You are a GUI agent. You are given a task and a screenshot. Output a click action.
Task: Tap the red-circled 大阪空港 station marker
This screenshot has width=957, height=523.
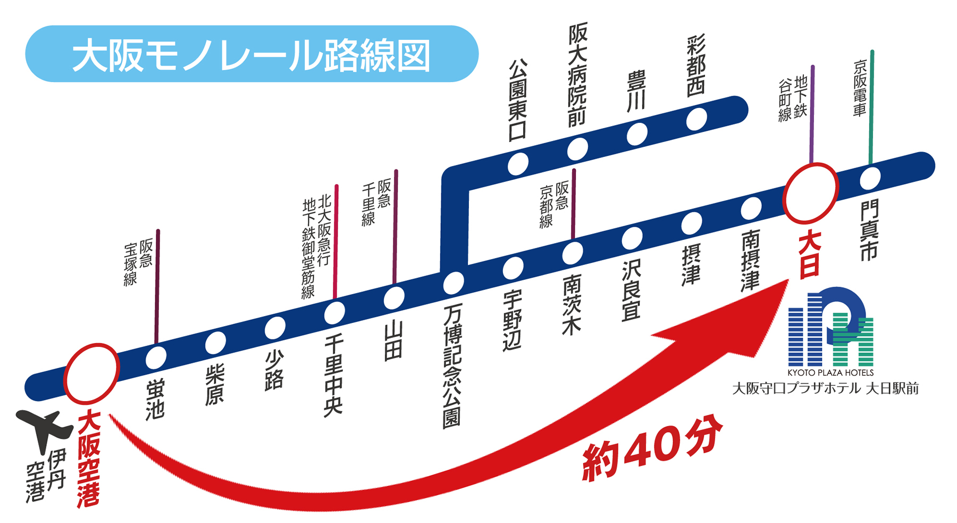coord(91,373)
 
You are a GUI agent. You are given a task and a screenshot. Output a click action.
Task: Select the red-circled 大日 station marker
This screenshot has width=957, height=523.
coord(810,193)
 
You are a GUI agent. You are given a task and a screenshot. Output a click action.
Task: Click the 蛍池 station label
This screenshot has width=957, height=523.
coord(155,399)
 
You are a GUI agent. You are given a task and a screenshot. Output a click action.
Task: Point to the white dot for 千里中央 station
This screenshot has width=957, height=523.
coord(334,312)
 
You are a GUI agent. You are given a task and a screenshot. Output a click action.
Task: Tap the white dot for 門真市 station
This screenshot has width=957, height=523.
coord(870,178)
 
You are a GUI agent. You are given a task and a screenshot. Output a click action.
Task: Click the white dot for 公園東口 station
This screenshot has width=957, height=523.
coord(518,164)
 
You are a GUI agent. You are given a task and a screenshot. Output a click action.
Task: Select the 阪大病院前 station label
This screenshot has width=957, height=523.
coord(577,74)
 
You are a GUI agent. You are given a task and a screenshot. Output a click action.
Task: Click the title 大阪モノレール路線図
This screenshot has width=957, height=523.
coord(251,54)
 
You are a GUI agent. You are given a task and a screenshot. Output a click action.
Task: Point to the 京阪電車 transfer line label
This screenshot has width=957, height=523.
coord(860,88)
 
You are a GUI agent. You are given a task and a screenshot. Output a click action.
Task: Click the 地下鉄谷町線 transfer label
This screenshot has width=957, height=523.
coord(792,98)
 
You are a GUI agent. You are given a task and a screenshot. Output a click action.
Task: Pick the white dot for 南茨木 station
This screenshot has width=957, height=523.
coord(573,253)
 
